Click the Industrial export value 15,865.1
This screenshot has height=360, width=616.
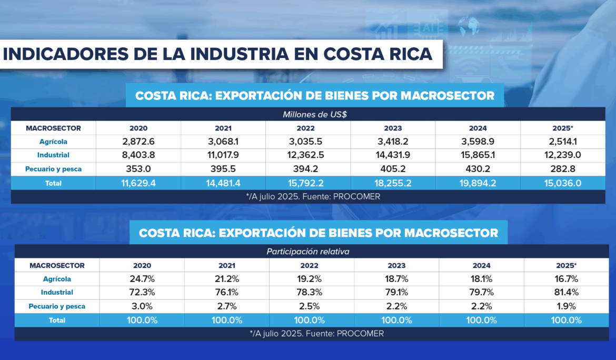click(x=478, y=155)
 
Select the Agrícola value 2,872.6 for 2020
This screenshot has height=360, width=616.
click(x=138, y=142)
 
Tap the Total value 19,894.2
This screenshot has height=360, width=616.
click(x=478, y=183)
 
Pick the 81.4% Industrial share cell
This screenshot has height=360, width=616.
click(x=567, y=292)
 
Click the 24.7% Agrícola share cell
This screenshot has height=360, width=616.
click(x=142, y=279)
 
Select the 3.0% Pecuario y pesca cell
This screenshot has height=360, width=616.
click(x=142, y=306)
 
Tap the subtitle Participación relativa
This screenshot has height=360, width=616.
click(x=307, y=252)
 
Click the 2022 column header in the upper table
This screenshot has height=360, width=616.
click(x=308, y=128)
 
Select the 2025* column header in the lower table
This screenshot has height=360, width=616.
click(x=567, y=265)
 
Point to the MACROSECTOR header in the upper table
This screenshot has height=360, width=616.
click(x=53, y=128)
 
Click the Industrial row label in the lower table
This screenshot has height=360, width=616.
click(x=57, y=292)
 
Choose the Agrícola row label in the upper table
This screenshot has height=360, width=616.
click(x=53, y=142)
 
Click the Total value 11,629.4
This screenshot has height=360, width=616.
click(x=138, y=183)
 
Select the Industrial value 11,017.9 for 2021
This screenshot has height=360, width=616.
click(x=223, y=155)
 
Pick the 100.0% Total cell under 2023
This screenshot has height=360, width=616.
click(x=396, y=320)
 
